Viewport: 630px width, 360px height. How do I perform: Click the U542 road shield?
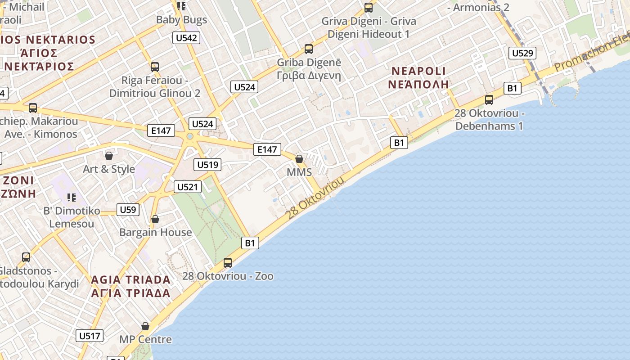tap(186, 38)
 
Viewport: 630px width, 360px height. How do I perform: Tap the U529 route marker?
tap(522, 53)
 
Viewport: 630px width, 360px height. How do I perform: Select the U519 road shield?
tap(208, 165)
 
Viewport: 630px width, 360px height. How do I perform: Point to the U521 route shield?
tap(187, 187)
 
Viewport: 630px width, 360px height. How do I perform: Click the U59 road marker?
tap(128, 210)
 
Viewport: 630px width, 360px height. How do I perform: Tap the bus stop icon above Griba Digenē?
tap(308, 49)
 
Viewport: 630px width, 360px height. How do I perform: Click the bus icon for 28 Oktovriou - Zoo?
tap(228, 262)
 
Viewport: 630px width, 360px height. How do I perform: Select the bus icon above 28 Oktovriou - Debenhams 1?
tap(489, 99)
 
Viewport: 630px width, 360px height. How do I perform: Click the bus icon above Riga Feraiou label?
tap(155, 67)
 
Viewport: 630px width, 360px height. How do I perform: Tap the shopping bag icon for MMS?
tap(299, 159)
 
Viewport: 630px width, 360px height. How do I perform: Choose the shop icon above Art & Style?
tap(109, 156)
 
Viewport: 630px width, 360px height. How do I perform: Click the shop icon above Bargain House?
tap(155, 219)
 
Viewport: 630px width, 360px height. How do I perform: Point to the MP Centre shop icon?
tap(145, 326)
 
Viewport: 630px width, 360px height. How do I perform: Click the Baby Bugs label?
tap(181, 20)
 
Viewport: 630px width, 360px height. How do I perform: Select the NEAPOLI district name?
tap(418, 71)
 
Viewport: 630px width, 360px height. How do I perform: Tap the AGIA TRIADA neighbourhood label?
tap(130, 280)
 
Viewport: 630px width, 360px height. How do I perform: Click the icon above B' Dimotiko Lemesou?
tap(71, 197)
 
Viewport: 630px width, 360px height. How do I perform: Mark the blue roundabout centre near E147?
tap(190, 136)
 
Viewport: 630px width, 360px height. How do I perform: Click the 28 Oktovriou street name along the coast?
tap(315, 198)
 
